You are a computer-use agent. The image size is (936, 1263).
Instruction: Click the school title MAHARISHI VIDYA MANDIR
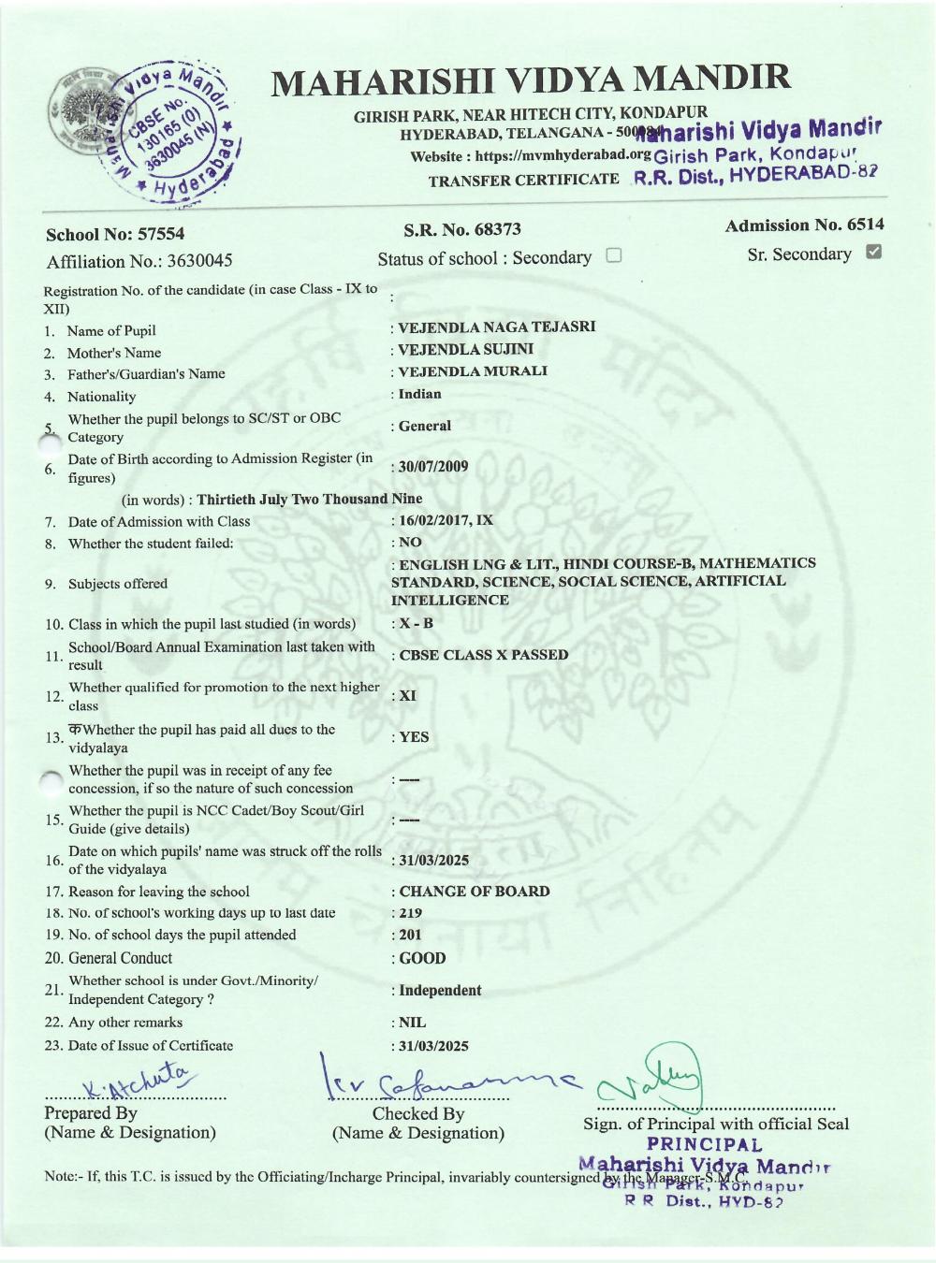pyautogui.click(x=531, y=81)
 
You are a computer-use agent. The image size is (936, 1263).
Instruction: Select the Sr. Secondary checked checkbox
pyautogui.click(x=873, y=252)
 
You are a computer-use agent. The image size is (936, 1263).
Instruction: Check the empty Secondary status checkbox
pyautogui.click(x=614, y=255)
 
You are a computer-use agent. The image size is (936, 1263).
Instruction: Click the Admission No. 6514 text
pyautogui.click(x=804, y=225)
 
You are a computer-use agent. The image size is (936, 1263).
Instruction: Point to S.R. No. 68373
pyautogui.click(x=461, y=229)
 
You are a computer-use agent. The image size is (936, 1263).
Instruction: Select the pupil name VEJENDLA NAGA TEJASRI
pyautogui.click(x=496, y=327)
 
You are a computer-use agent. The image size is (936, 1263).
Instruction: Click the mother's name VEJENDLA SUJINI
pyautogui.click(x=465, y=349)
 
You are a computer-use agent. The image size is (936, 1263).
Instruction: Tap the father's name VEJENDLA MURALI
pyautogui.click(x=473, y=371)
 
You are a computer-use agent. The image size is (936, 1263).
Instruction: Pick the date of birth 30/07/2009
pyautogui.click(x=433, y=467)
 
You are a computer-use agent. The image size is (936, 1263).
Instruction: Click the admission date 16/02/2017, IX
pyautogui.click(x=446, y=520)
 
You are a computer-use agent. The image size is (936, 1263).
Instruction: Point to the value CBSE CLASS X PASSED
pyautogui.click(x=483, y=655)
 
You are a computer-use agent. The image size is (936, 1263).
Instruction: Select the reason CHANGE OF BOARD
pyautogui.click(x=475, y=892)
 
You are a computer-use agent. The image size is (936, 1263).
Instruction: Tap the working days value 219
pyautogui.click(x=410, y=913)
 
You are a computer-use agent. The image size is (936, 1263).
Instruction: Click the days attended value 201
pyautogui.click(x=410, y=935)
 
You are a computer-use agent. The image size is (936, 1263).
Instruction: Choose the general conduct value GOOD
pyautogui.click(x=422, y=958)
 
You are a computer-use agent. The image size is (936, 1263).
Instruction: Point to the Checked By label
pyautogui.click(x=417, y=1113)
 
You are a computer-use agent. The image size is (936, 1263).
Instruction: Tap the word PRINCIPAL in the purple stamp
pyautogui.click(x=704, y=1144)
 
